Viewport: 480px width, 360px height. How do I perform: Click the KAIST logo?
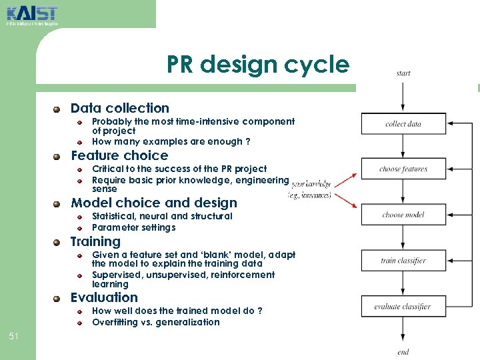(x=31, y=15)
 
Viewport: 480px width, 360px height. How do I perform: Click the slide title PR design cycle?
(x=257, y=65)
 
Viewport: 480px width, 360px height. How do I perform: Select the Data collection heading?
(x=120, y=108)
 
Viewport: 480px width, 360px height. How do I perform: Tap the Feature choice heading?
(x=119, y=155)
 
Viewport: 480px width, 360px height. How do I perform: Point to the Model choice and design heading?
(x=154, y=203)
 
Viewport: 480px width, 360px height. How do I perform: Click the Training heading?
(x=96, y=241)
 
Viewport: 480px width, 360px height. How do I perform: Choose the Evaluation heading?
(x=104, y=297)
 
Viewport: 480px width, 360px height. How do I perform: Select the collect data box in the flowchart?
(x=403, y=124)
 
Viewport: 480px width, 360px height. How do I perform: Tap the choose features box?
(x=403, y=169)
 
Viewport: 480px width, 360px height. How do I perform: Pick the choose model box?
(x=403, y=215)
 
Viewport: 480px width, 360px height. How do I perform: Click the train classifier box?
(x=403, y=261)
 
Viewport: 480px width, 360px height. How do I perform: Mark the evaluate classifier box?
(x=403, y=307)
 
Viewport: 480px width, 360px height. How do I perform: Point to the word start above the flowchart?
(x=403, y=73)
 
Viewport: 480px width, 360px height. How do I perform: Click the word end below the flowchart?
(x=403, y=351)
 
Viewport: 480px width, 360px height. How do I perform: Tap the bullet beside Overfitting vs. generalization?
(x=79, y=323)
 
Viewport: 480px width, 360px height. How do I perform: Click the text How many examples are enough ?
(x=171, y=141)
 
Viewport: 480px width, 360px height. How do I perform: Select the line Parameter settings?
(x=134, y=227)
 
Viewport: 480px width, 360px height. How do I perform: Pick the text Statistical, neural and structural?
(x=162, y=216)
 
